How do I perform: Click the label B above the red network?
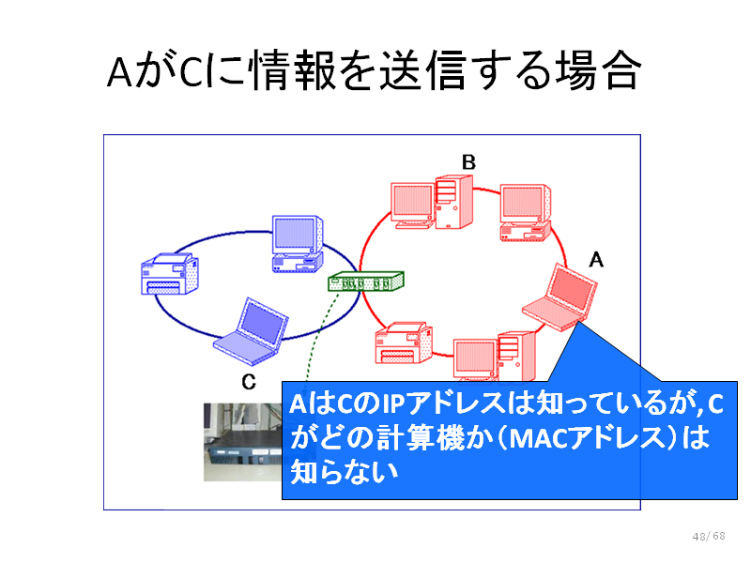(x=468, y=162)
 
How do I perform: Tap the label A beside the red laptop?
(x=596, y=260)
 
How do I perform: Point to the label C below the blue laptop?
(x=249, y=382)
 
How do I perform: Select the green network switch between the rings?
(x=366, y=281)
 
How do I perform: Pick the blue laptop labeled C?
(x=251, y=332)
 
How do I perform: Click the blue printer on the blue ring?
(x=170, y=273)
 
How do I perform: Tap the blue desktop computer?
(x=298, y=244)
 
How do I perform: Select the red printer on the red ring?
(x=404, y=342)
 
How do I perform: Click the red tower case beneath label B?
(x=454, y=202)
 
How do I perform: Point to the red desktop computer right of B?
(x=526, y=213)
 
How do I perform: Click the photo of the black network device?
(x=243, y=442)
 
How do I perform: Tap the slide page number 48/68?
(x=709, y=536)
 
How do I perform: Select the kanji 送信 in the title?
(x=422, y=71)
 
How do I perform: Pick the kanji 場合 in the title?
(x=598, y=71)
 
